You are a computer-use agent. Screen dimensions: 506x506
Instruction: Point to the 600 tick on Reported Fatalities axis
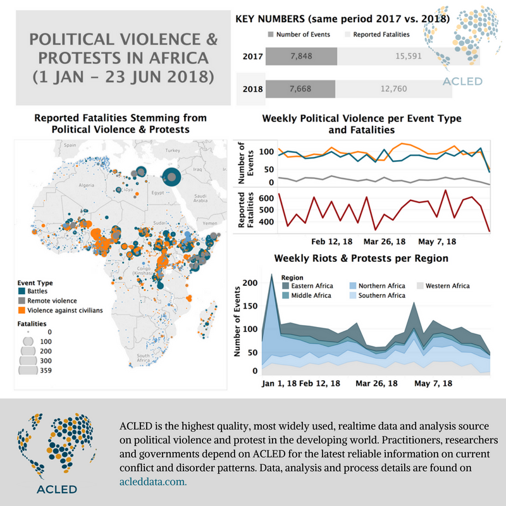[266, 198]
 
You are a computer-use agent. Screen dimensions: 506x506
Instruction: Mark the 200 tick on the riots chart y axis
[251, 283]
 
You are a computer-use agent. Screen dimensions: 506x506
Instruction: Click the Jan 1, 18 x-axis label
[279, 384]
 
